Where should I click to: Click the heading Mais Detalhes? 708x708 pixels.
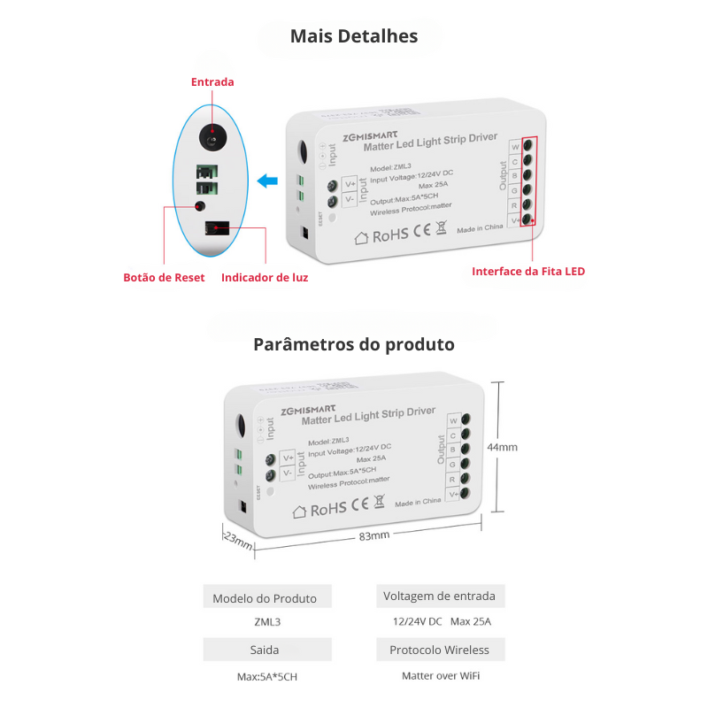354,36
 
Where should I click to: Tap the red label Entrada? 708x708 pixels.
212,82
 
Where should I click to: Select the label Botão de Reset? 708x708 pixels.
164,277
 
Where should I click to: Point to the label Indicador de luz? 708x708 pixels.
265,277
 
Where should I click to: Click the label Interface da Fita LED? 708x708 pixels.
527,271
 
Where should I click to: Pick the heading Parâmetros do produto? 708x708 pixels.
354,344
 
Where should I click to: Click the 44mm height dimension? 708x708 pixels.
503,447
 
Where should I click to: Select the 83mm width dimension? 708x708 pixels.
374,536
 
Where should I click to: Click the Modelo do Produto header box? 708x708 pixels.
265,598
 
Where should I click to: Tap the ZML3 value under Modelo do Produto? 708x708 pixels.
265,622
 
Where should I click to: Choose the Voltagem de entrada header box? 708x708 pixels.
439,596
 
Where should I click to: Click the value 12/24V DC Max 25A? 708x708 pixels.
441,621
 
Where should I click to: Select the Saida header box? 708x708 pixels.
265,650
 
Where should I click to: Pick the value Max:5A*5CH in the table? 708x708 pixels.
265,676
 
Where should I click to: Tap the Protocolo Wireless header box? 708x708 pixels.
439,650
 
